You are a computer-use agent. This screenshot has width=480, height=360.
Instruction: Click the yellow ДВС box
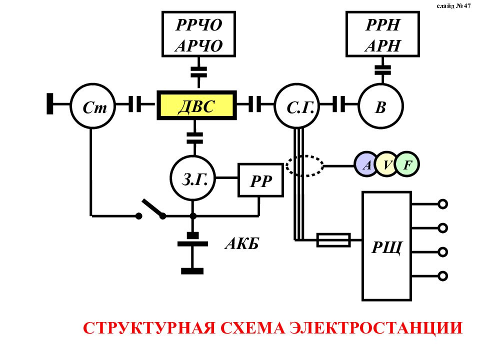197,105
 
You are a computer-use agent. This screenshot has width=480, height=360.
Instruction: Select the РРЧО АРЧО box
198,34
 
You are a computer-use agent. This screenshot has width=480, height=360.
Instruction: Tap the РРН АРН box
382,34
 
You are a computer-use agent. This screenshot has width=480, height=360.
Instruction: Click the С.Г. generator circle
296,106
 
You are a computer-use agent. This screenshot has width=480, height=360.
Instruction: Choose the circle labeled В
381,106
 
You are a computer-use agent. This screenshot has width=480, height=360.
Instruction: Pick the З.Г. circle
193,176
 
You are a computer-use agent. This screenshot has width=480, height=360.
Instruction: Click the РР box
260,179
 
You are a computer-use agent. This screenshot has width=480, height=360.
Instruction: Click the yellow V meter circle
387,164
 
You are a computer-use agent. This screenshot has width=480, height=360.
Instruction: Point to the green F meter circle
407,164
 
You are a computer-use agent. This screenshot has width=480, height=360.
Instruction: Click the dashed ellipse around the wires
305,165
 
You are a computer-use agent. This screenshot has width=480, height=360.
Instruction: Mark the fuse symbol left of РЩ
333,240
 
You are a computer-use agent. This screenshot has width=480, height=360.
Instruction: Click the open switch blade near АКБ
152,208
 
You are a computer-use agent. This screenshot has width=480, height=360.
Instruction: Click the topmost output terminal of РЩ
442,204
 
